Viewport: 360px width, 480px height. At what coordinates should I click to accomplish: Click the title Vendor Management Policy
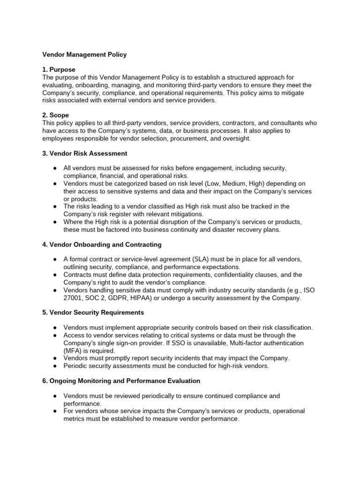[x=84, y=55]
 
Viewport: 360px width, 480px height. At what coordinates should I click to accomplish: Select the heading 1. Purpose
[x=59, y=69]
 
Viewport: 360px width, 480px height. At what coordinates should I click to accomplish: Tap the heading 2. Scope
[x=55, y=115]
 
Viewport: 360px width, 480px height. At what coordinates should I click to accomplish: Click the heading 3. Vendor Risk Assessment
[x=84, y=153]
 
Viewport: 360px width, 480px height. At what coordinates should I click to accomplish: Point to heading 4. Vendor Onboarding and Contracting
[x=102, y=244]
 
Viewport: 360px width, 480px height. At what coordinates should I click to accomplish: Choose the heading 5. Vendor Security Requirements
[x=93, y=312]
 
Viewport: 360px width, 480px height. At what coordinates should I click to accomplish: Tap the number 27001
[x=74, y=298]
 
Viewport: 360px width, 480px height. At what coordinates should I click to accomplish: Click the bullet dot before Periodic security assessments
[x=55, y=366]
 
